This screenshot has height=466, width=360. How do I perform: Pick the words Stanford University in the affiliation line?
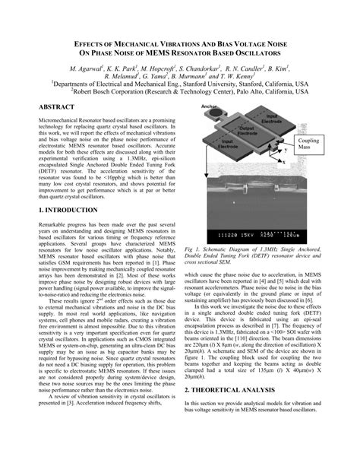pyautogui.click(x=223, y=85)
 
